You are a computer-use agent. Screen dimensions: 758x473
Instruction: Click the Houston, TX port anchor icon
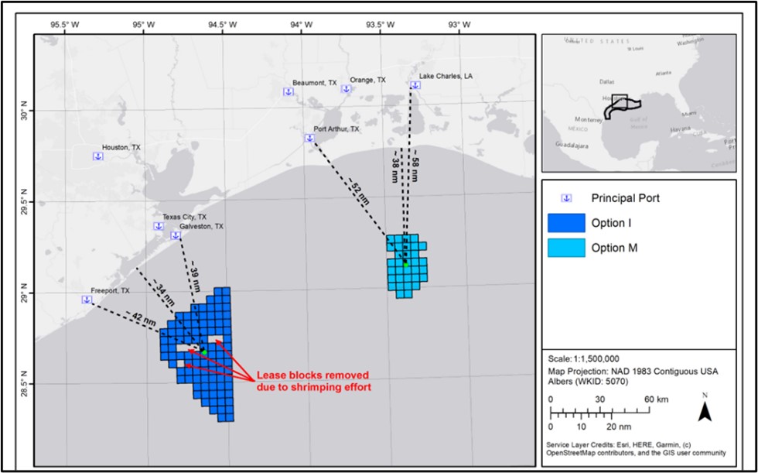click(98, 156)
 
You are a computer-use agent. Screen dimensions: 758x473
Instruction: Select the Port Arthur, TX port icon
click(309, 139)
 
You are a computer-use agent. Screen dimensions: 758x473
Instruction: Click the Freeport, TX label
click(110, 291)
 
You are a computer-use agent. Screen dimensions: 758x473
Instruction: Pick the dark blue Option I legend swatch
click(568, 223)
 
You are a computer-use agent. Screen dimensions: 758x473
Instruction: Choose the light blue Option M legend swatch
click(568, 248)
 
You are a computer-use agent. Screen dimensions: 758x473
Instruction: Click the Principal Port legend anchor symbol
click(566, 198)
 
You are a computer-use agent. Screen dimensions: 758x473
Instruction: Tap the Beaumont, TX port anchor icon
click(288, 92)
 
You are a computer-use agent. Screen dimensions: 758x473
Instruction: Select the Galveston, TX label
click(201, 227)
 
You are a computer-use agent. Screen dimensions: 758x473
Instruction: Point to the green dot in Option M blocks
click(405, 265)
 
